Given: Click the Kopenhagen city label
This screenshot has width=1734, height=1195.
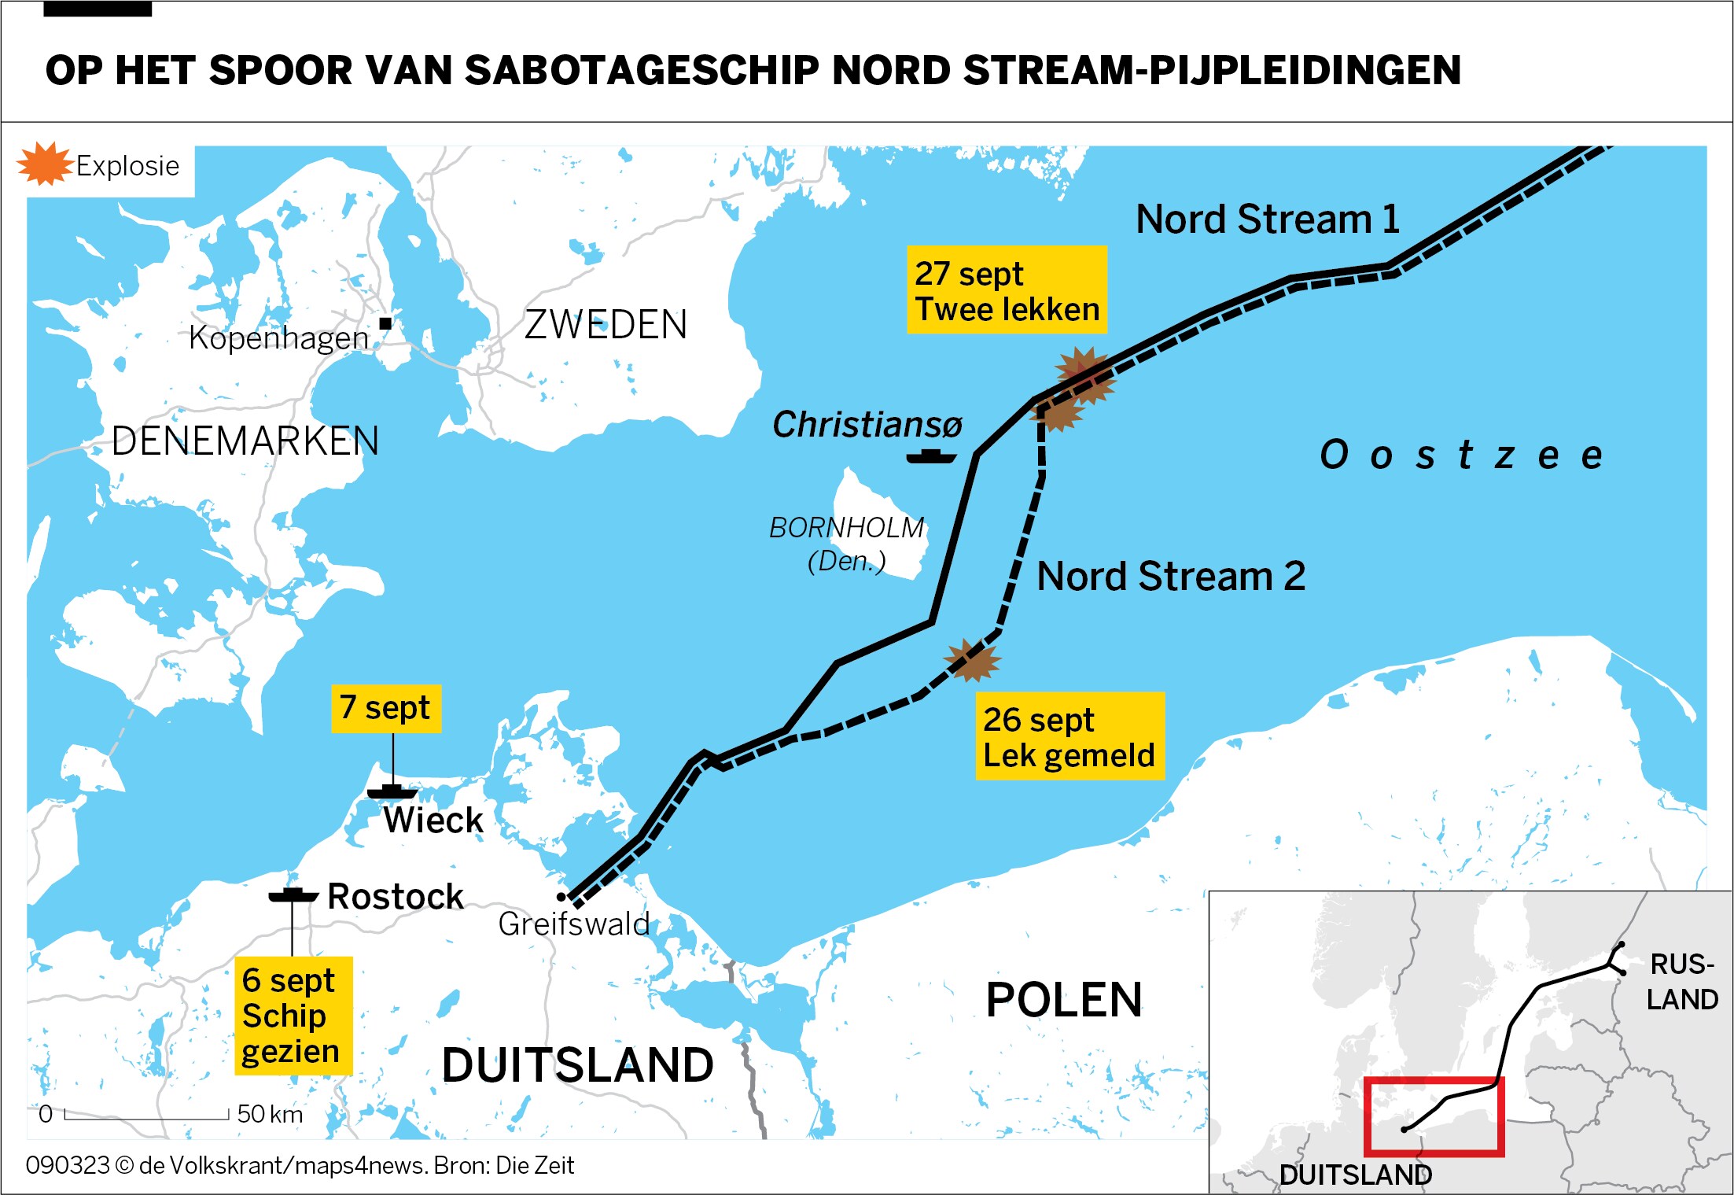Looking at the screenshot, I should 278,338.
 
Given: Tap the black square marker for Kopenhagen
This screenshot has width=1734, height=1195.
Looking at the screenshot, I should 385,323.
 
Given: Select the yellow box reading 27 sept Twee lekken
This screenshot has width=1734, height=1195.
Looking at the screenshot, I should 1007,290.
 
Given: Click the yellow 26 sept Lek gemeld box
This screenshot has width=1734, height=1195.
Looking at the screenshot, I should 1069,736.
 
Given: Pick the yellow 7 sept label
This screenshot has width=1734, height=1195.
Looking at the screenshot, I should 385,708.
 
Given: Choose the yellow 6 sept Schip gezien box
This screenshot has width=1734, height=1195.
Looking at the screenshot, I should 293,1016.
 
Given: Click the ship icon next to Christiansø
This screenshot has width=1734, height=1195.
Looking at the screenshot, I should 931,456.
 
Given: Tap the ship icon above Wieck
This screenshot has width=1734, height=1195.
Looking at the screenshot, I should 392,791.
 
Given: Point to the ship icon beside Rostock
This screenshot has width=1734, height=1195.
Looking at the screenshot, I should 293,895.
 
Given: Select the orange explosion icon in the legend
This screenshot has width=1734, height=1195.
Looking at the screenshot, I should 45,164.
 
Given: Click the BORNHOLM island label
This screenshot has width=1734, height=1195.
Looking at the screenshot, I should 846,528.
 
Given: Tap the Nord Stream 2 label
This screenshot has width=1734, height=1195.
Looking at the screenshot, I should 1171,576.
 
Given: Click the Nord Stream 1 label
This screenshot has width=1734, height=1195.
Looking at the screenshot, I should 1268,219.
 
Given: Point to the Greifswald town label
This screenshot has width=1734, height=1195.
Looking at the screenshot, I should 574,924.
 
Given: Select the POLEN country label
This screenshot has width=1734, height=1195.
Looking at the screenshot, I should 1063,1000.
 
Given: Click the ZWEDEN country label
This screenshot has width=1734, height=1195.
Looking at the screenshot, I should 606,324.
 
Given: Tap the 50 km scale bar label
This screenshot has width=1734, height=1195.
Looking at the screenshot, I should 269,1114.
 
